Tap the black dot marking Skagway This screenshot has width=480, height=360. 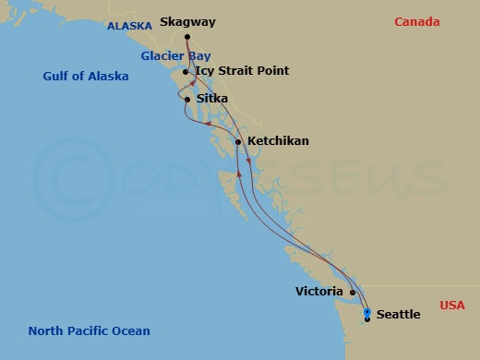(187, 38)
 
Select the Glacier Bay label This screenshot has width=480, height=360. (175, 55)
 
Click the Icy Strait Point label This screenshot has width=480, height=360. (242, 71)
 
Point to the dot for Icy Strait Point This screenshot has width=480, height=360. (186, 71)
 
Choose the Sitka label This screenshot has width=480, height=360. (211, 99)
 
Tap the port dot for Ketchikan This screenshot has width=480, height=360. (238, 142)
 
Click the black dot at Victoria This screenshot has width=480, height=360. (353, 293)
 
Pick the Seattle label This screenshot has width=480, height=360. (399, 315)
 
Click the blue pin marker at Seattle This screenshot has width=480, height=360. (367, 313)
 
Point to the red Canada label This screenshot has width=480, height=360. (417, 22)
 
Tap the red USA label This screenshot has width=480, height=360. (452, 305)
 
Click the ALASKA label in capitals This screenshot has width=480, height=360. (129, 27)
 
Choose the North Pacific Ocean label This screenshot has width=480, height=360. (89, 330)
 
